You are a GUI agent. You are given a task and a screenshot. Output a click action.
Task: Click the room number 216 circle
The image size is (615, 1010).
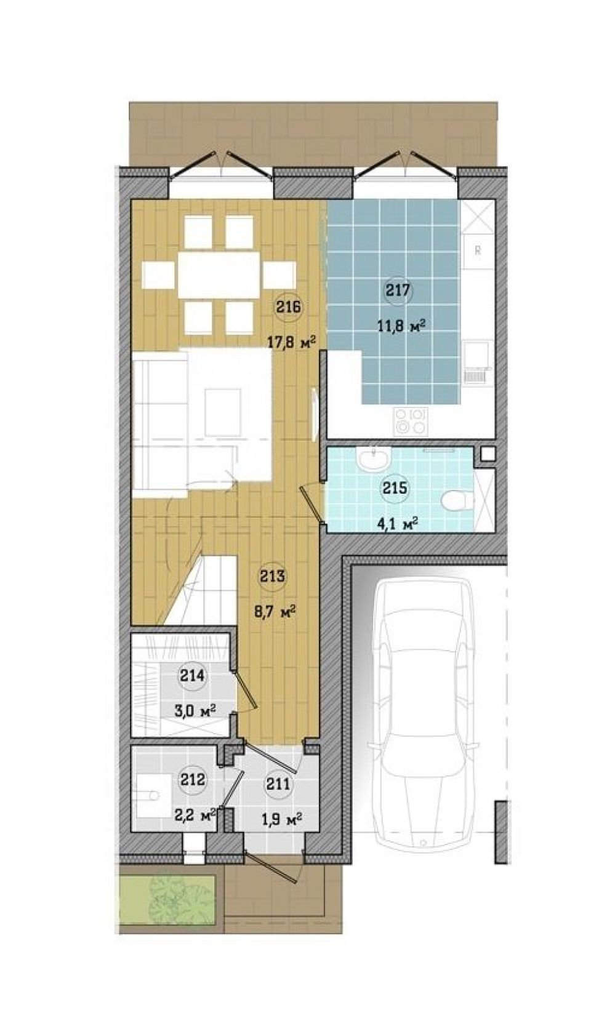(289, 308)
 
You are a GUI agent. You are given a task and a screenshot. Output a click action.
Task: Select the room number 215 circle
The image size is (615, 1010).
(395, 488)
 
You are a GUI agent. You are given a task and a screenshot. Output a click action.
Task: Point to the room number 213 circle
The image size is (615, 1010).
(273, 576)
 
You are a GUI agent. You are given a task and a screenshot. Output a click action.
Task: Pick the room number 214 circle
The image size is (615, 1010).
(193, 676)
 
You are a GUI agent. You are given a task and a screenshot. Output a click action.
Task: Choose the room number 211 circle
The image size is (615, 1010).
(278, 784)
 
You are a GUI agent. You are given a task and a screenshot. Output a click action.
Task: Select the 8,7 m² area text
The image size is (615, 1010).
(275, 612)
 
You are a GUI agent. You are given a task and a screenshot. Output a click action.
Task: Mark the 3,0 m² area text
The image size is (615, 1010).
(194, 711)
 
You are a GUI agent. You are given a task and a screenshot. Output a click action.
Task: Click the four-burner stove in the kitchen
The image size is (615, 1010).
(410, 421)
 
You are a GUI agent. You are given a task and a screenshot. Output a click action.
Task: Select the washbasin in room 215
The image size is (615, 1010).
(373, 459)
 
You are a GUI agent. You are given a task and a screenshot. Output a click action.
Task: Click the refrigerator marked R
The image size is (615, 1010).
(478, 250)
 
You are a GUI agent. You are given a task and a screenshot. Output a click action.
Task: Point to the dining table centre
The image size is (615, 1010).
(219, 275)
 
